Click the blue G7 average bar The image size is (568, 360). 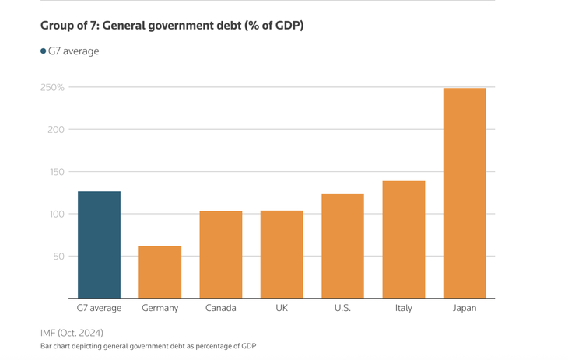tap(99, 245)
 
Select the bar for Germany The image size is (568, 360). tap(160, 272)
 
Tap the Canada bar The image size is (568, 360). tap(220, 255)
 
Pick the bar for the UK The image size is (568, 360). tap(281, 255)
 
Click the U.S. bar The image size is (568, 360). tap(342, 246)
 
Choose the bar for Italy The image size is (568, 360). tap(403, 239)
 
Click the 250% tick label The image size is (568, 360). tap(52, 88)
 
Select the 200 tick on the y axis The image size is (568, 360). tap(55, 130)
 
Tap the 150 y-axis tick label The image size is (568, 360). tap(55, 172)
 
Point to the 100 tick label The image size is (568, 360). tap(55, 215)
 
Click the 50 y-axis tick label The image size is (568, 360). tap(58, 257)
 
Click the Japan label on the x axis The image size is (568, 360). tap(465, 308)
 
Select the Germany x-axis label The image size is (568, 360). tap(160, 308)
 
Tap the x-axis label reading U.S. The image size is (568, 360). tap(342, 308)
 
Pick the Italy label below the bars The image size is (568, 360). tap(403, 308)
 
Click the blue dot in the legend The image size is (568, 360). tap(44, 51)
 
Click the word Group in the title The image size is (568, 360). tap(58, 26)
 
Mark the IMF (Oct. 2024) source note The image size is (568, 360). tap(72, 333)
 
